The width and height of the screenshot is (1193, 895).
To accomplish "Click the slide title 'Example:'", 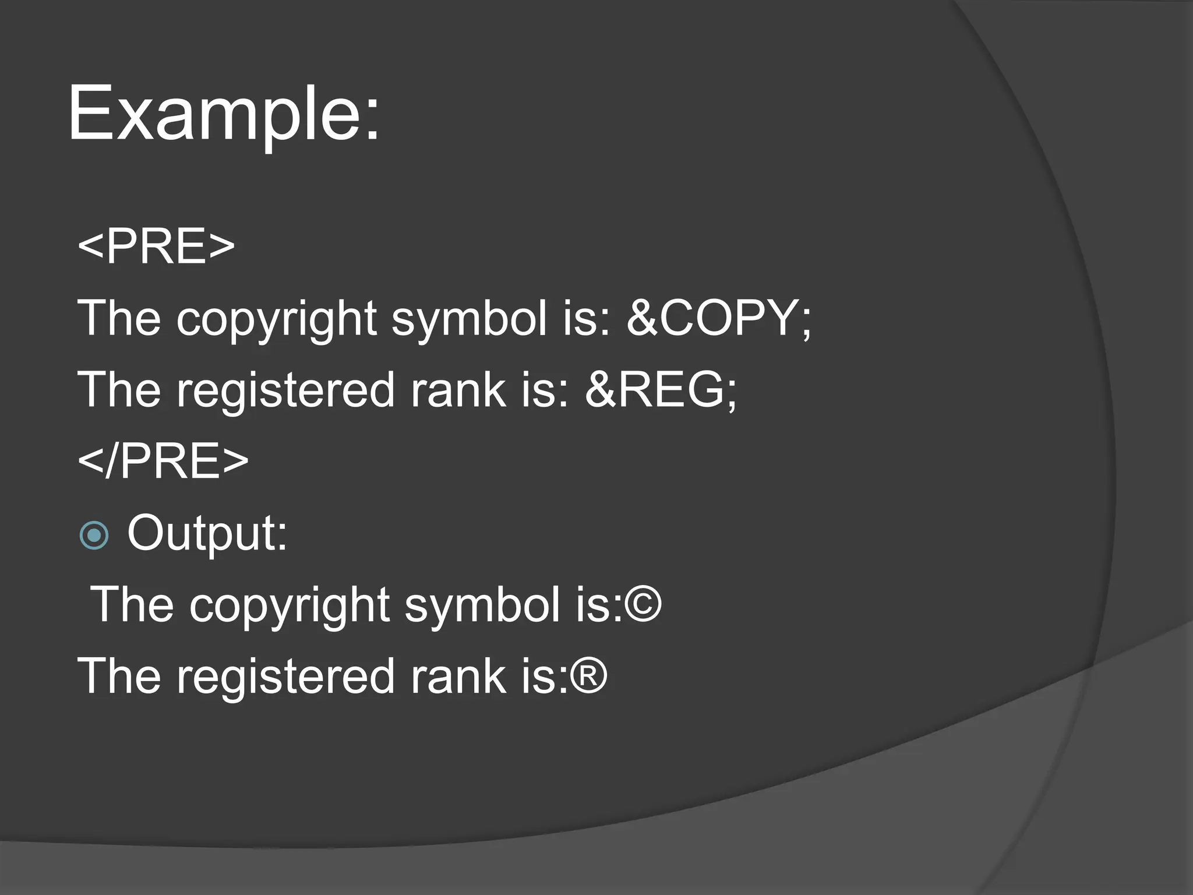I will (x=224, y=114).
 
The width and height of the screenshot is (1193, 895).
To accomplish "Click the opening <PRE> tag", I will (x=156, y=246).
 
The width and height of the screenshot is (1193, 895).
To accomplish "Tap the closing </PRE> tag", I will (x=163, y=461).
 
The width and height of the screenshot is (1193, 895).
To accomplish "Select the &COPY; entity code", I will (x=718, y=318).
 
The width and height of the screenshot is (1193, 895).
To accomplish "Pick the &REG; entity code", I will (x=661, y=390).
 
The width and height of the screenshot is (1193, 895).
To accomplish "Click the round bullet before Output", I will (x=94, y=535).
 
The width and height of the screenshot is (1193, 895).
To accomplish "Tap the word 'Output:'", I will (x=207, y=533).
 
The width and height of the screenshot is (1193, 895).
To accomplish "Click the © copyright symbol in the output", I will (x=643, y=605).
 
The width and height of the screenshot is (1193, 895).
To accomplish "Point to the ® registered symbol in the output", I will (x=589, y=676).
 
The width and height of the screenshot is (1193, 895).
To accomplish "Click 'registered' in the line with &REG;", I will (x=286, y=390).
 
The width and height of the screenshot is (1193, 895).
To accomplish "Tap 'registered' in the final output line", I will (x=286, y=676).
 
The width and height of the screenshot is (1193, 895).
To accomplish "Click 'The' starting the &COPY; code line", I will (x=119, y=318).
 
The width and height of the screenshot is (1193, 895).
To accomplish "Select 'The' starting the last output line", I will (x=119, y=676).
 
